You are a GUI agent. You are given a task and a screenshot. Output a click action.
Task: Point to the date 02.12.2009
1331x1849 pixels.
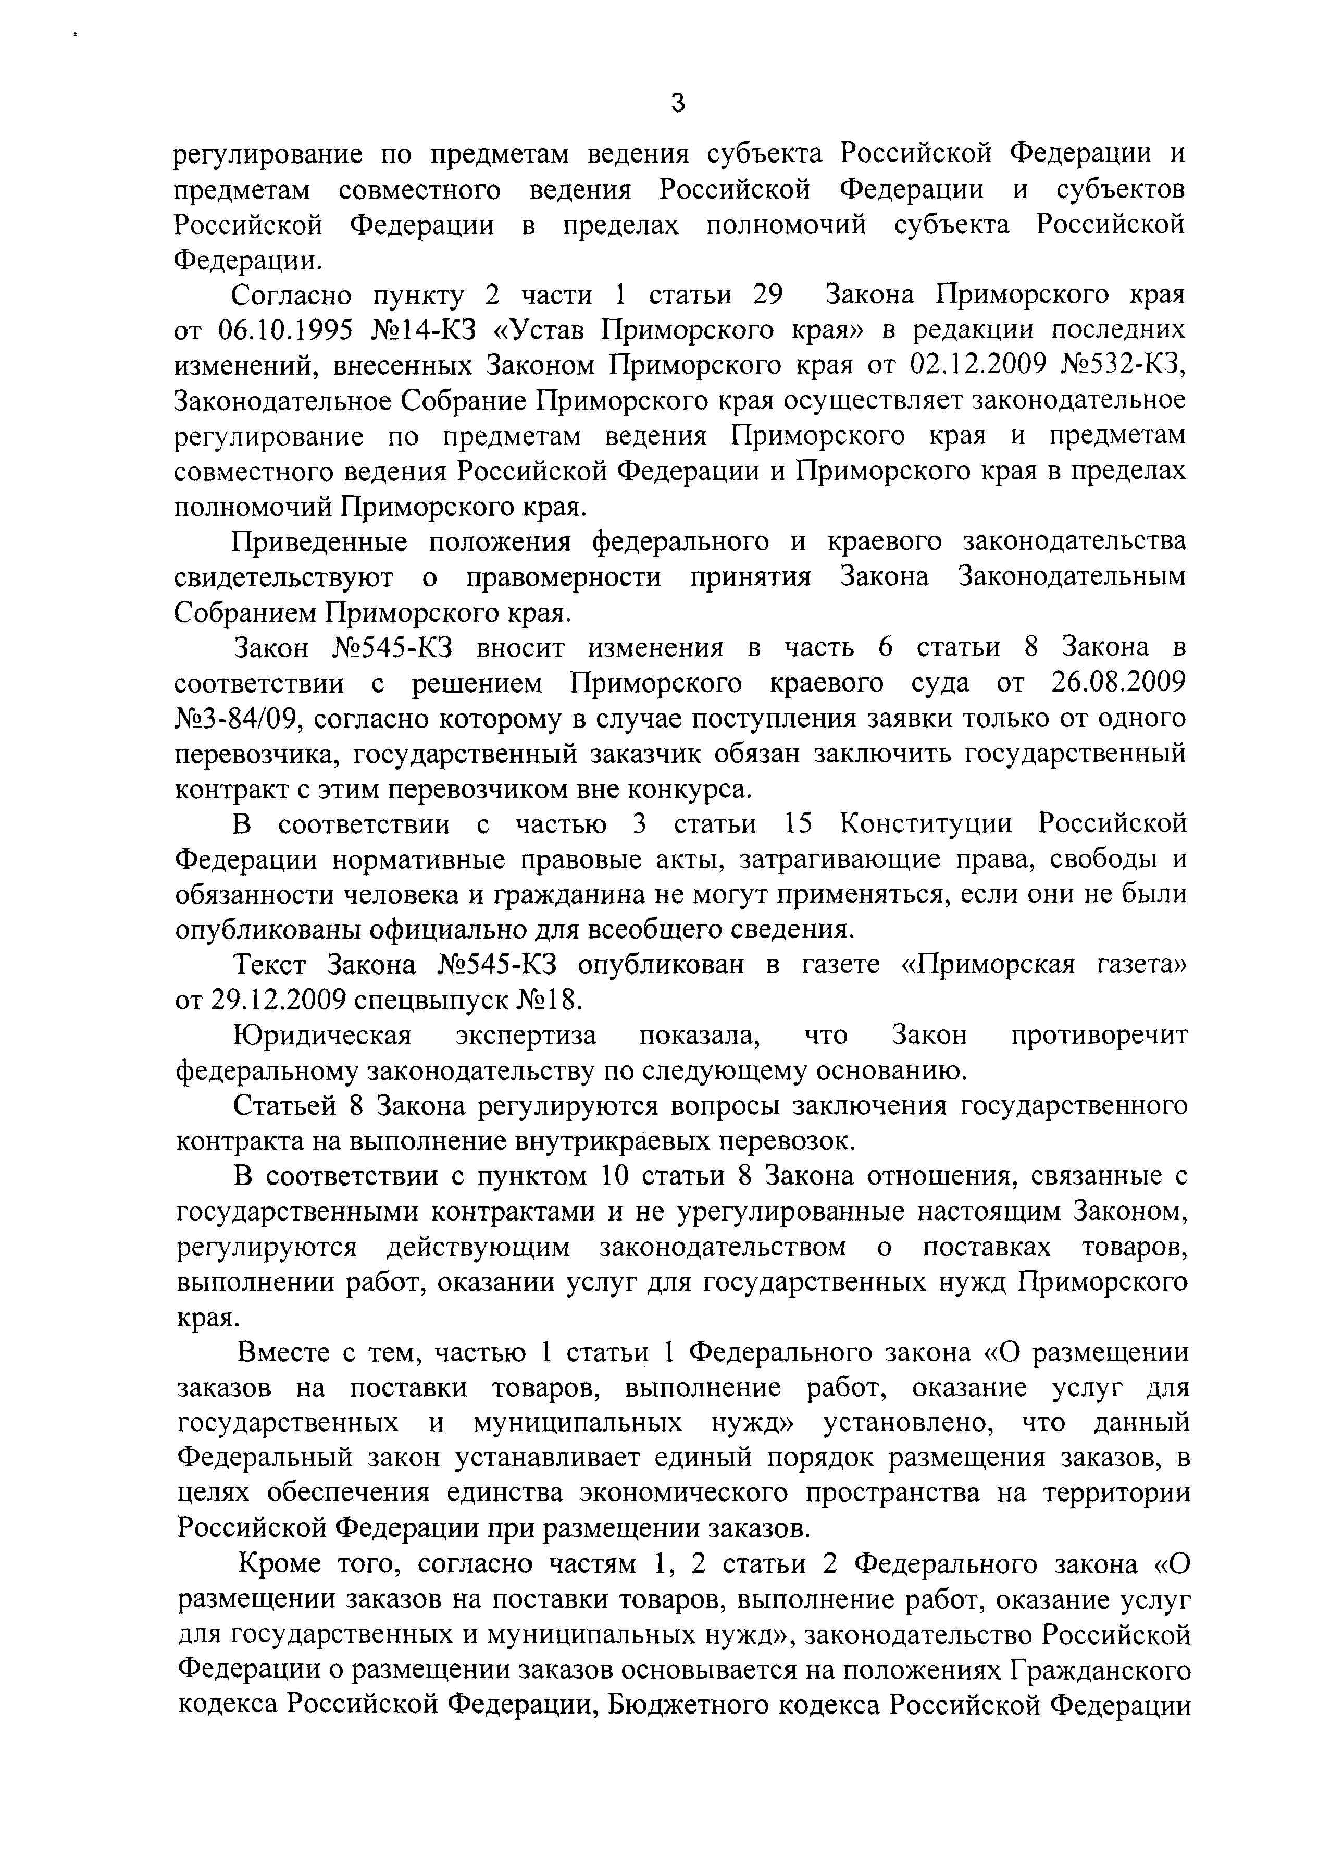pos(976,365)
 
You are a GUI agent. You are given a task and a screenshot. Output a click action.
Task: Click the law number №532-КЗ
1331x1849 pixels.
pos(1123,365)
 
